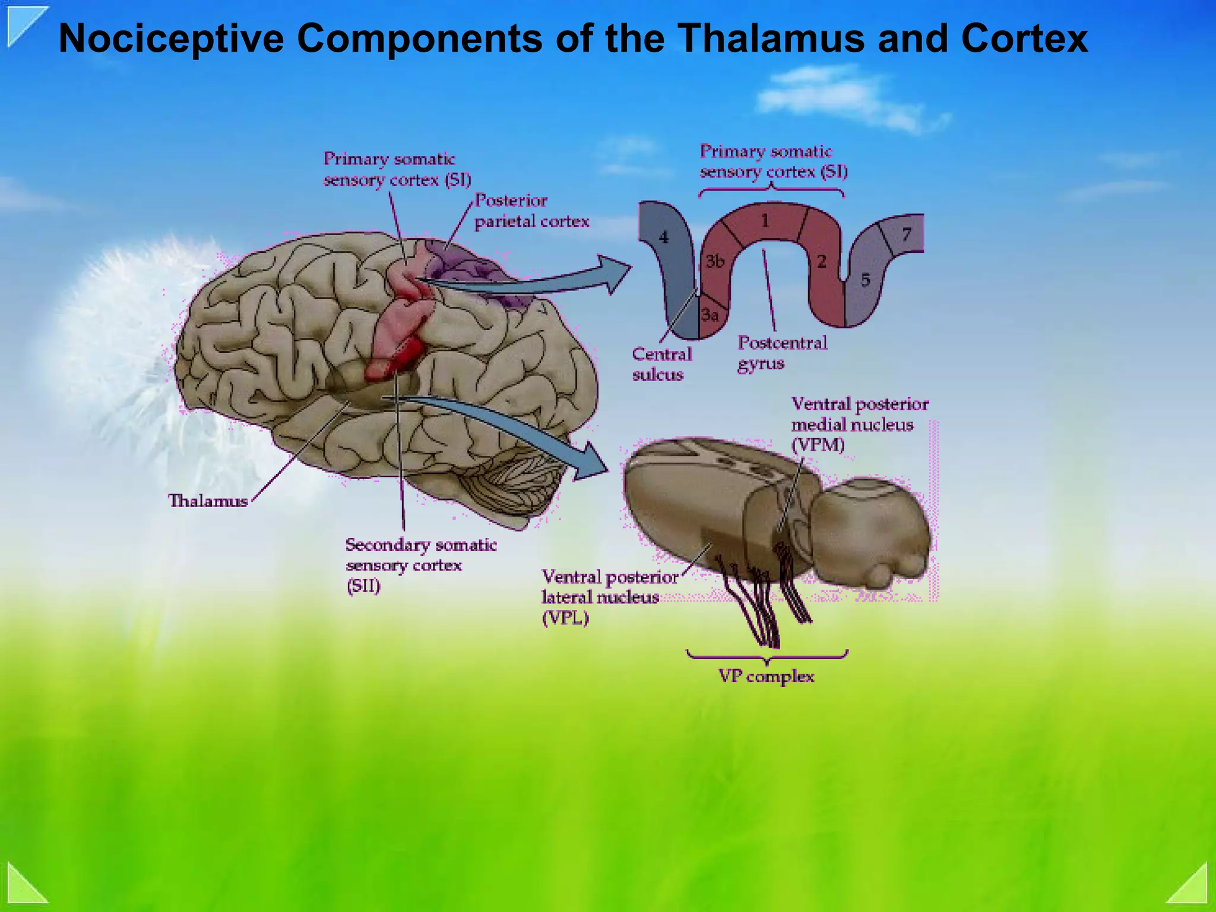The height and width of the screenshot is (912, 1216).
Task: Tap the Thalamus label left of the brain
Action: (x=208, y=501)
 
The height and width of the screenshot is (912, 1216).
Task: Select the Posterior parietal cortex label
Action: (x=531, y=211)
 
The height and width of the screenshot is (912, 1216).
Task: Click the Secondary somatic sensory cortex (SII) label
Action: (x=420, y=565)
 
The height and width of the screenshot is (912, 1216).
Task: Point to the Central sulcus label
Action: (x=661, y=364)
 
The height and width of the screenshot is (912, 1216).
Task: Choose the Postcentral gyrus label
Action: (x=781, y=353)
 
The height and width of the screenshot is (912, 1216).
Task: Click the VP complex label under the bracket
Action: (x=766, y=676)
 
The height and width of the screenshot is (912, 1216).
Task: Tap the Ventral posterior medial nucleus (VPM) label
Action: (x=859, y=424)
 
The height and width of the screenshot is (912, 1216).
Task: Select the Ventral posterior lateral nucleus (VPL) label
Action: (x=609, y=597)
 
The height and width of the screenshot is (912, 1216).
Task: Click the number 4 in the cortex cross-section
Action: (x=664, y=237)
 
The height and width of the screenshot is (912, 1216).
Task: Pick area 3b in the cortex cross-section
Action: (x=715, y=261)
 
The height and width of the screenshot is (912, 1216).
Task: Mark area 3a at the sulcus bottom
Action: (x=710, y=315)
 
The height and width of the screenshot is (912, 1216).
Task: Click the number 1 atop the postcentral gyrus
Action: (x=765, y=221)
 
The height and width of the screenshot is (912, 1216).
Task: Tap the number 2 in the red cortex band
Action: (x=822, y=261)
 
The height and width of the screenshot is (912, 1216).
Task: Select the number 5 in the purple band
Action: (x=866, y=280)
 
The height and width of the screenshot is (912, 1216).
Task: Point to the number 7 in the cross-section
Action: (x=906, y=235)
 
